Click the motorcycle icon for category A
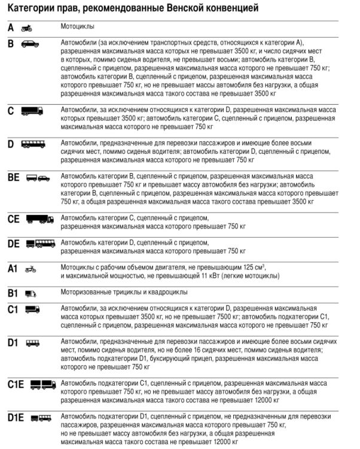point(26,28)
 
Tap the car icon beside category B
point(30,44)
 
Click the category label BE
point(14,178)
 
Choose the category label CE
point(14,219)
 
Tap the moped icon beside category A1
point(30,269)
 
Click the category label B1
point(13,293)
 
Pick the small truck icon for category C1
point(32,310)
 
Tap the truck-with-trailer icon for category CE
point(39,219)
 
